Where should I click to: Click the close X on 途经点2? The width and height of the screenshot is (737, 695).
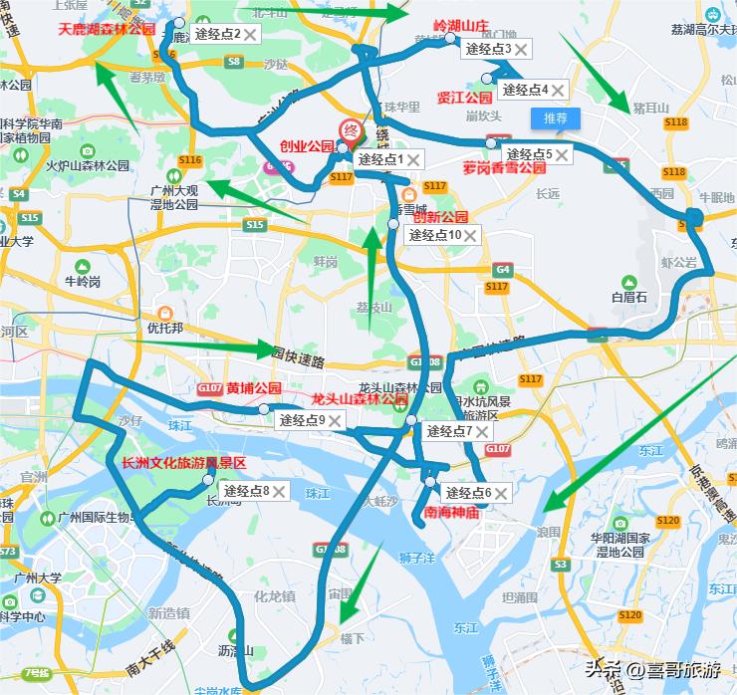pyautogui.click(x=251, y=35)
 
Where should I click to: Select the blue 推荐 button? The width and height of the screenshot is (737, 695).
pyautogui.click(x=555, y=118)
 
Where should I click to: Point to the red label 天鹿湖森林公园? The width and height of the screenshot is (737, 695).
pyautogui.click(x=107, y=30)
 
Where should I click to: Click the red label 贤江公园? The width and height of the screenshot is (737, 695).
pyautogui.click(x=464, y=98)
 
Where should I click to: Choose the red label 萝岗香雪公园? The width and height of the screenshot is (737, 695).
pyautogui.click(x=500, y=169)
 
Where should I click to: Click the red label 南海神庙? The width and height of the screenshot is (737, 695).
pyautogui.click(x=451, y=514)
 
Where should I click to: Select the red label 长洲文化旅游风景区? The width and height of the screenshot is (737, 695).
pyautogui.click(x=183, y=463)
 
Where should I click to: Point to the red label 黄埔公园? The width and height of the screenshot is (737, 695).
pyautogui.click(x=254, y=388)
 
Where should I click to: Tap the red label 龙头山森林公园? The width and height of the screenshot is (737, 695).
pyautogui.click(x=360, y=398)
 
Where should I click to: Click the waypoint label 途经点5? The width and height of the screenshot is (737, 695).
pyautogui.click(x=528, y=154)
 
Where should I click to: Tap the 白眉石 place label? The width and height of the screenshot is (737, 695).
pyautogui.click(x=629, y=297)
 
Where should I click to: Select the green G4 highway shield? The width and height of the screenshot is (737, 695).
pyautogui.click(x=503, y=270)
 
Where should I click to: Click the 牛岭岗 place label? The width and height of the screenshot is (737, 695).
pyautogui.click(x=83, y=282)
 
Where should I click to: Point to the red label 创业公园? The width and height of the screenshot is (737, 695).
pyautogui.click(x=307, y=146)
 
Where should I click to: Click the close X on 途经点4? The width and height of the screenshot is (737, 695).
pyautogui.click(x=558, y=91)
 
